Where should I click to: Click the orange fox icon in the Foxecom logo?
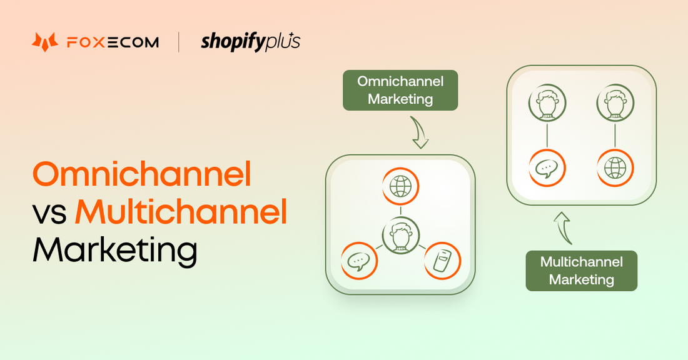pyautogui.click(x=44, y=42)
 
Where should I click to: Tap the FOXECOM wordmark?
pyautogui.click(x=113, y=42)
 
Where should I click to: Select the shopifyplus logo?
pyautogui.click(x=250, y=42)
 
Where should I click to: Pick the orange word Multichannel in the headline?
pyautogui.click(x=181, y=212)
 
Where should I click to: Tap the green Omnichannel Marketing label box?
pyautogui.click(x=400, y=90)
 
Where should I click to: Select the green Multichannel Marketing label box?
pyautogui.click(x=581, y=271)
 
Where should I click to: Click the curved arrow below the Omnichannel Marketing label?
pyautogui.click(x=418, y=133)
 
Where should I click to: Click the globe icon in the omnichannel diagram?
pyautogui.click(x=400, y=186)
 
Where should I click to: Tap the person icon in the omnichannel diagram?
pyautogui.click(x=400, y=235)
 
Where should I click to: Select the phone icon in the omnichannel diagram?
pyautogui.click(x=442, y=260)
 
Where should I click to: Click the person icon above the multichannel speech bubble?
pyautogui.click(x=547, y=102)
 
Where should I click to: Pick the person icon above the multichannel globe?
pyautogui.click(x=615, y=102)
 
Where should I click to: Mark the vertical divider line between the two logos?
pyautogui.click(x=180, y=42)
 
